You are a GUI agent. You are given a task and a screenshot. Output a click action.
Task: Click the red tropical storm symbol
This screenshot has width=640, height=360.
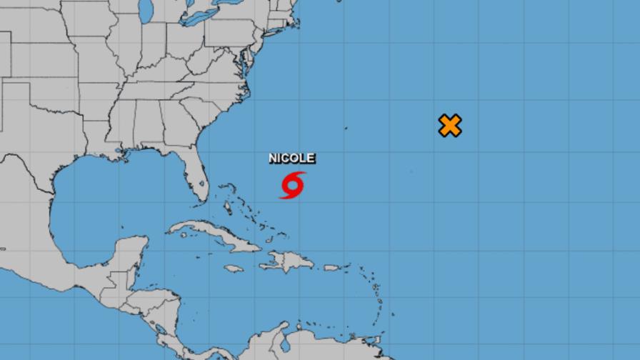click(x=292, y=185)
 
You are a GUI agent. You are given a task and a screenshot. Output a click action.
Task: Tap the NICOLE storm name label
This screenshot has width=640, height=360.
click(x=291, y=159)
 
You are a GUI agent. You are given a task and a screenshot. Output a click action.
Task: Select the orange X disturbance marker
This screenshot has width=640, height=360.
click(x=449, y=126)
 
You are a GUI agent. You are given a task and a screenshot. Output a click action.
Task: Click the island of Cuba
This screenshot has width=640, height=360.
click(x=214, y=236)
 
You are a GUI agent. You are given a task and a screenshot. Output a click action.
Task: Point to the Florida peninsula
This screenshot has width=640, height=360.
click(x=196, y=175)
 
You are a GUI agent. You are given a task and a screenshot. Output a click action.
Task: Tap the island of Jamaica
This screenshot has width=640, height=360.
click(x=233, y=269)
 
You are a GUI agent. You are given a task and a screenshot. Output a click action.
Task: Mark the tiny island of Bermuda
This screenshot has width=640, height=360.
click(x=346, y=129)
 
